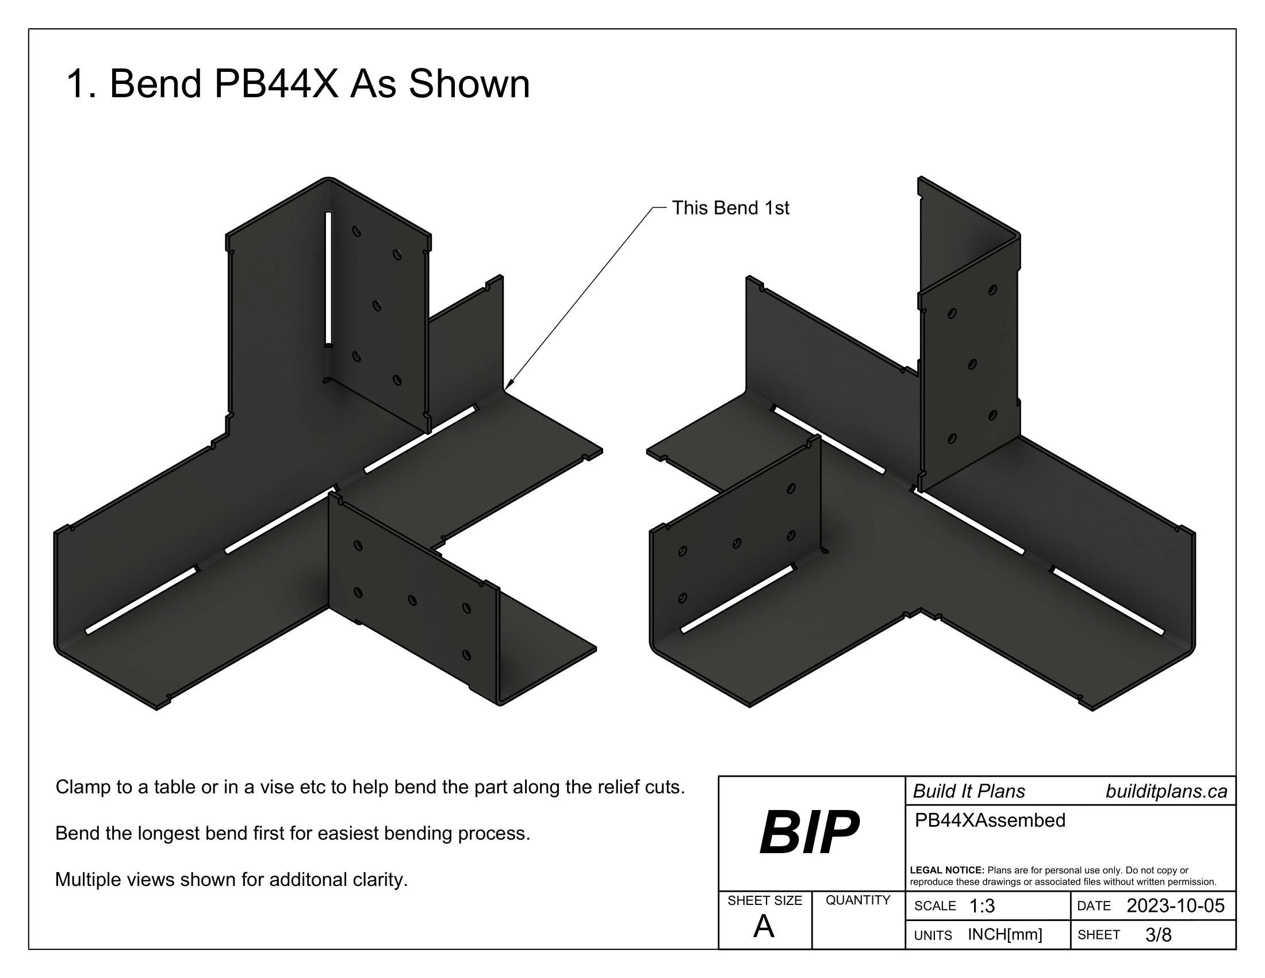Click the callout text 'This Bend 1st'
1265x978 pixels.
coord(730,208)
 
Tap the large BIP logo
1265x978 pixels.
coord(809,833)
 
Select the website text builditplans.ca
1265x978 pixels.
coord(1166,792)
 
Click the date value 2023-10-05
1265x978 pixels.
coord(1175,906)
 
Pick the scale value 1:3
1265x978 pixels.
coord(982,906)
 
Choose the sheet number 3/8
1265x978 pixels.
coord(1158,935)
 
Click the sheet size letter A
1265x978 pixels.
coord(764,927)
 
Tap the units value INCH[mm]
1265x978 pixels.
coord(1005,934)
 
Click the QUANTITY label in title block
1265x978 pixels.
coord(858,900)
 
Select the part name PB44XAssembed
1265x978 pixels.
coord(990,820)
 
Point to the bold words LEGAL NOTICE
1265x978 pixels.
coord(946,870)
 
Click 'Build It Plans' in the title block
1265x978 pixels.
coord(969,792)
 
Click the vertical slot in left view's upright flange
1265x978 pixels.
coord(328,278)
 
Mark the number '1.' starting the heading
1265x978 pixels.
coord(81,83)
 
